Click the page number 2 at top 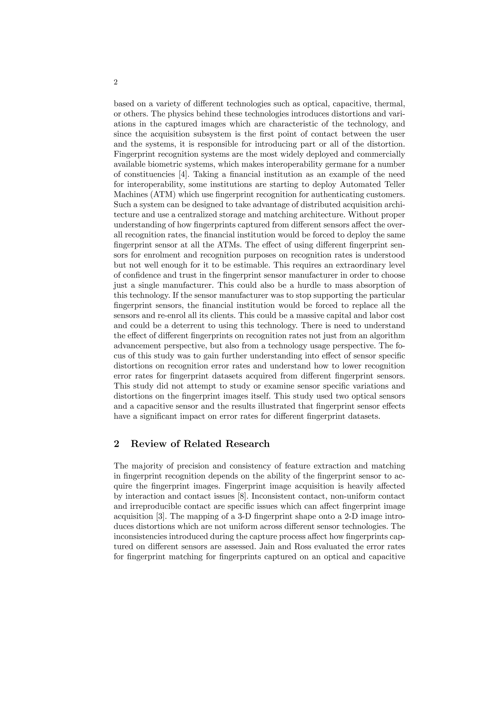point(115,82)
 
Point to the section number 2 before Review point(117,444)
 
